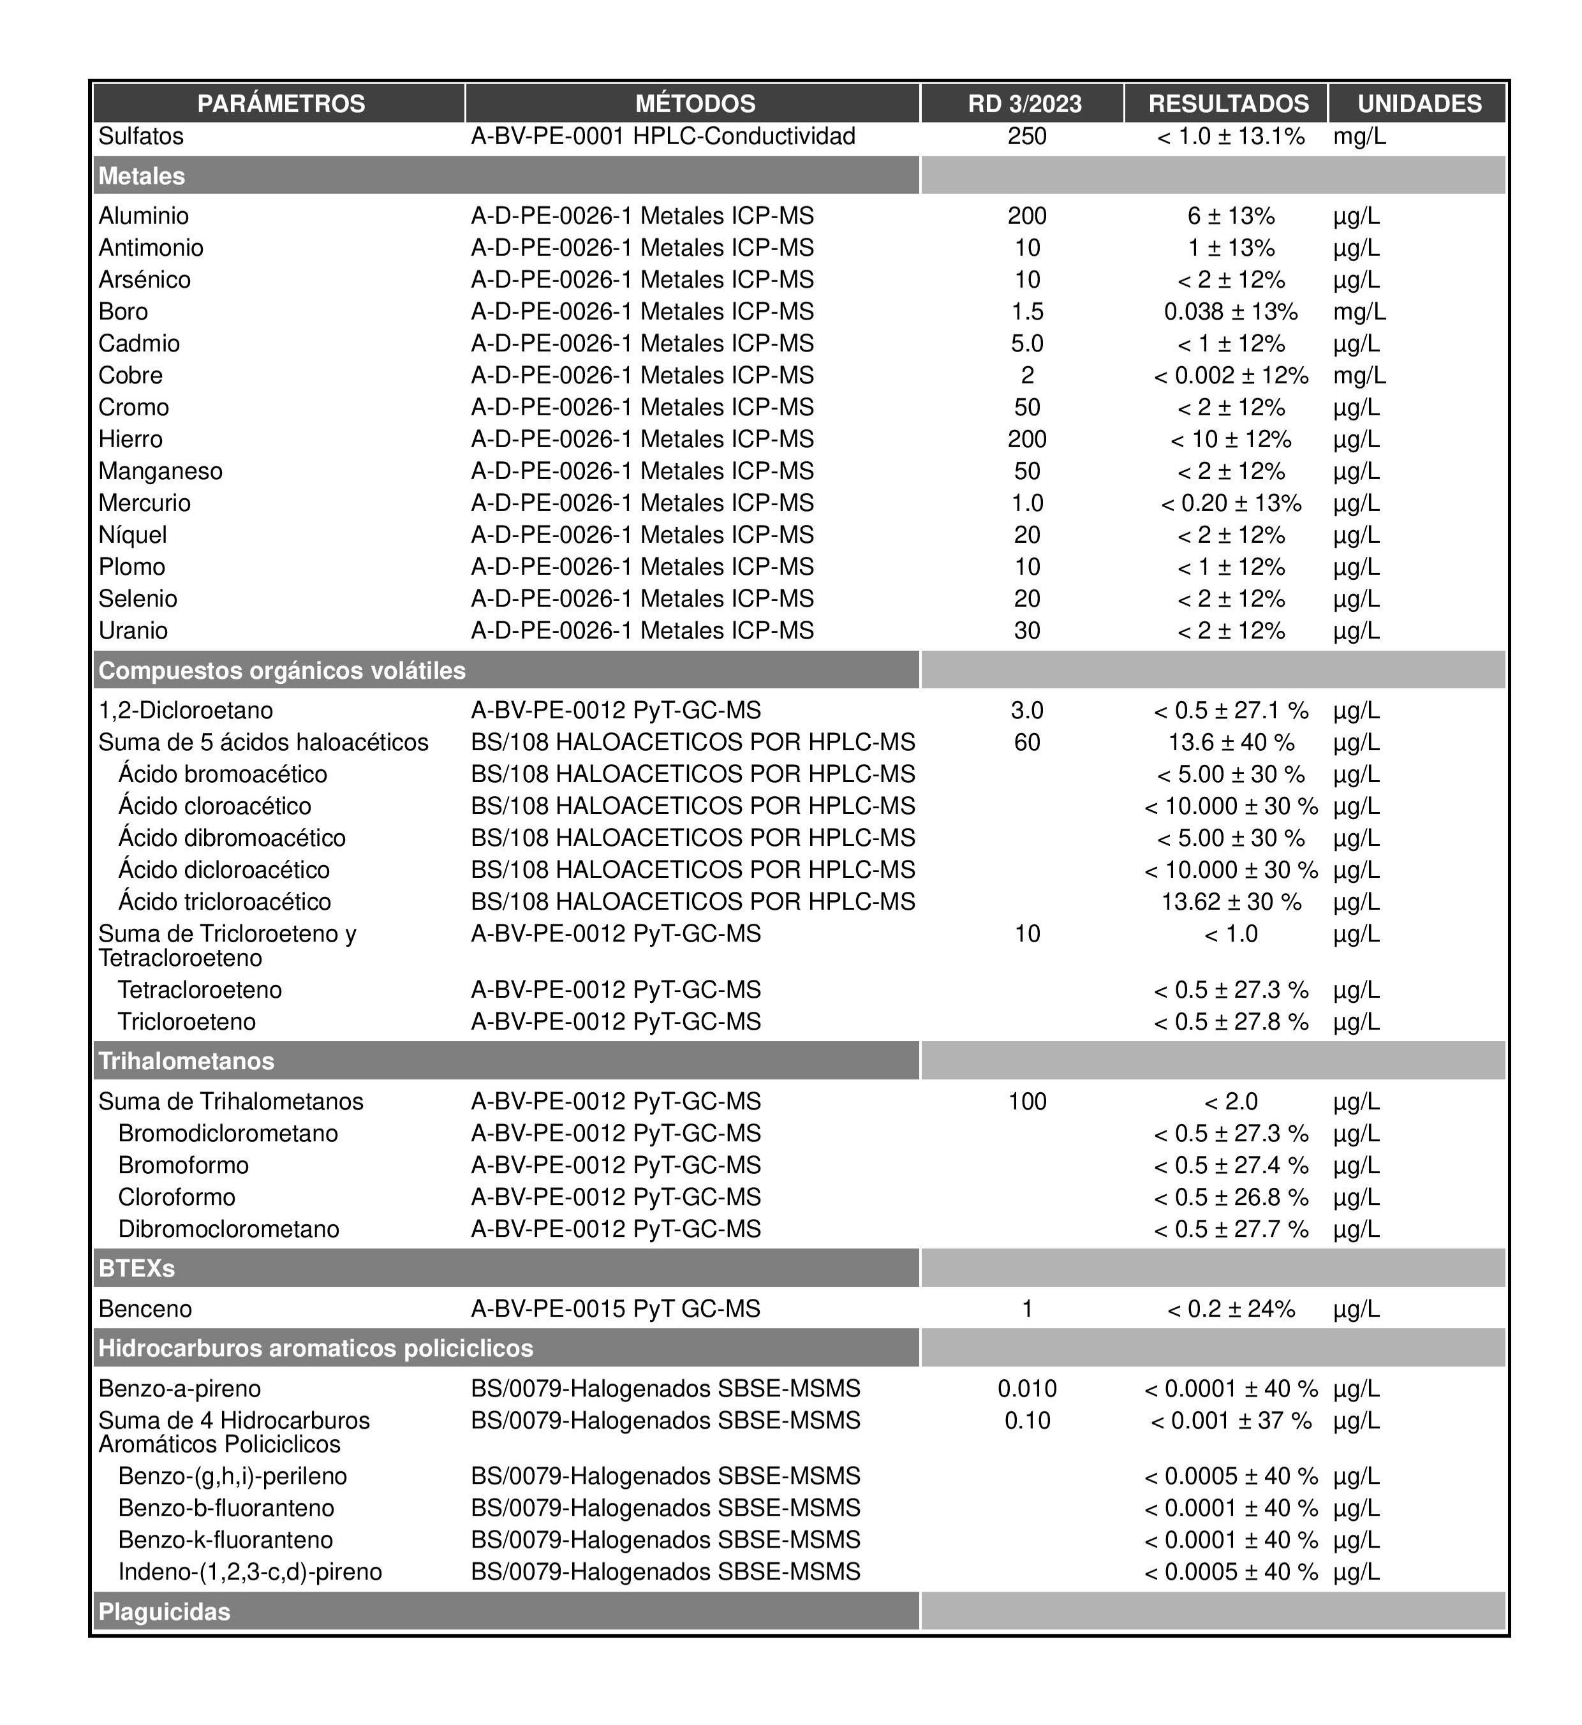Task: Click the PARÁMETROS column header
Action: tap(281, 103)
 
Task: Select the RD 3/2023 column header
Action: tap(1024, 103)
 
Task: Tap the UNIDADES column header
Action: tap(1419, 103)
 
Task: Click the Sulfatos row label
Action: tap(141, 136)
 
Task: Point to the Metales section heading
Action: tap(142, 175)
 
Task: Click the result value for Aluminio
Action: tap(1230, 216)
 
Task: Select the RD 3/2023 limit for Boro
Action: tap(1026, 311)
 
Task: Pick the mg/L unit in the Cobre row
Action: tap(1359, 375)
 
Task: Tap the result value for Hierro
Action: tap(1230, 439)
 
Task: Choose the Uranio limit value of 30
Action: tap(1026, 630)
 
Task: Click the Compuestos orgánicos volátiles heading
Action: tap(283, 670)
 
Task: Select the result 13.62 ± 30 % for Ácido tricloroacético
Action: tap(1230, 901)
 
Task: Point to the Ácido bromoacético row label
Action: tap(223, 774)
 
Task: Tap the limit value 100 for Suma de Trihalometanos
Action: tap(1026, 1101)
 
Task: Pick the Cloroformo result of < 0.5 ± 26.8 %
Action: tap(1230, 1197)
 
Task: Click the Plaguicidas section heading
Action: tap(165, 1612)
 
